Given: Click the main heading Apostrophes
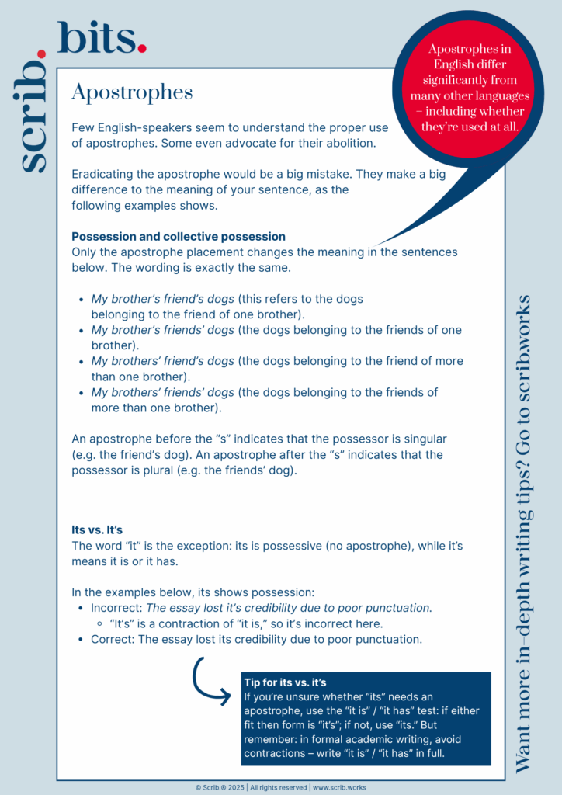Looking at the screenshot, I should tap(132, 92).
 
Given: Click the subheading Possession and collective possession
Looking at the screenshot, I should tap(179, 236).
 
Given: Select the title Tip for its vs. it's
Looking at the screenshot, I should tap(285, 682).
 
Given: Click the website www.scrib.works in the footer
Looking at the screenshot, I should tap(340, 787).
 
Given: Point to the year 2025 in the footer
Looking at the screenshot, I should tap(234, 787).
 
